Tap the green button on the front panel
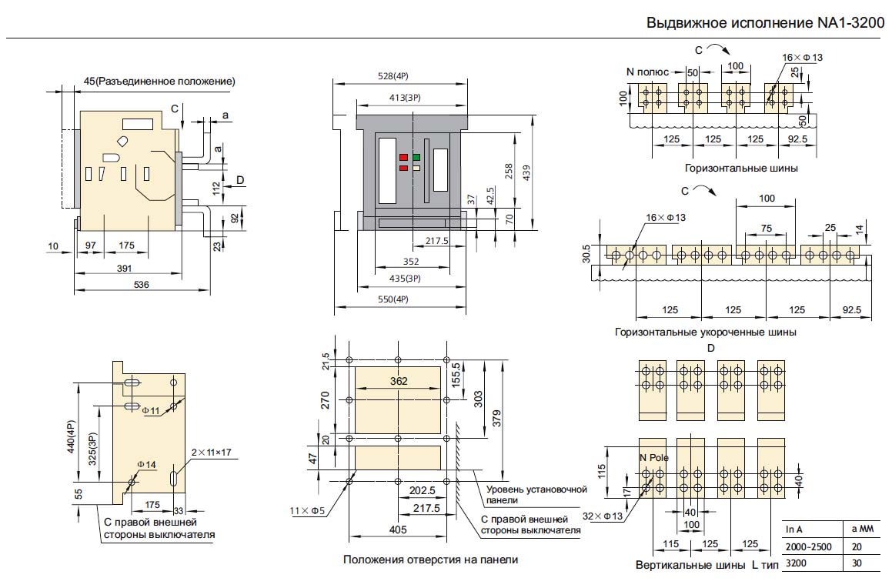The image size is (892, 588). point(416,157)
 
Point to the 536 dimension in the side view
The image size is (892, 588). point(142,285)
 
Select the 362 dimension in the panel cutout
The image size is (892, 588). point(399,380)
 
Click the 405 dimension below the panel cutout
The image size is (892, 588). point(397,530)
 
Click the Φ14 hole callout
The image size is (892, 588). point(146,464)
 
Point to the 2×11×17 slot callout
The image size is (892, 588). point(211,452)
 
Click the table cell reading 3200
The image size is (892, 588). point(795,563)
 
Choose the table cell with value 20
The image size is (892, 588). point(857,546)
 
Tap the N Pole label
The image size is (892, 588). point(654,458)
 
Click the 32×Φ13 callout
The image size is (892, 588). point(603,516)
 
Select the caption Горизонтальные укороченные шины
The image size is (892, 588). point(706,332)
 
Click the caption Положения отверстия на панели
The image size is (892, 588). point(430,560)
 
